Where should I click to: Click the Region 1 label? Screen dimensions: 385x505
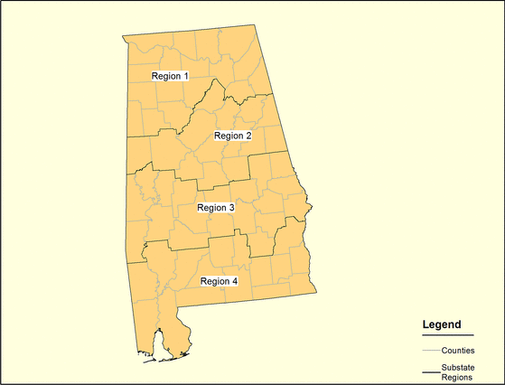coord(170,76)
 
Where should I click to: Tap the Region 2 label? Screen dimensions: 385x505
coord(232,136)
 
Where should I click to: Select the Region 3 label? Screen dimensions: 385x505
coord(216,208)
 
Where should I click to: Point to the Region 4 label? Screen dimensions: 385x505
coord(219,281)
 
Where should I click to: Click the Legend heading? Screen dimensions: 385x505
coord(442,324)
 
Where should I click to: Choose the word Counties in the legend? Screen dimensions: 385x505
coord(458,350)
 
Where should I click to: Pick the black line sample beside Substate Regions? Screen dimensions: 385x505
coord(430,371)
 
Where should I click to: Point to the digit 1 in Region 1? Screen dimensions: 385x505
coord(186,76)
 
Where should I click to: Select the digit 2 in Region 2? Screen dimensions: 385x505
coord(248,136)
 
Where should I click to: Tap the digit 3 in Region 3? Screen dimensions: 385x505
coord(232,208)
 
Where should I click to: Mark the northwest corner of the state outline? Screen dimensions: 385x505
coord(123,37)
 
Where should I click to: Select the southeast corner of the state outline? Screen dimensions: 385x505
coord(315,291)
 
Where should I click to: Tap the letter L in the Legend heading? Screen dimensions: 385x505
coord(426,324)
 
